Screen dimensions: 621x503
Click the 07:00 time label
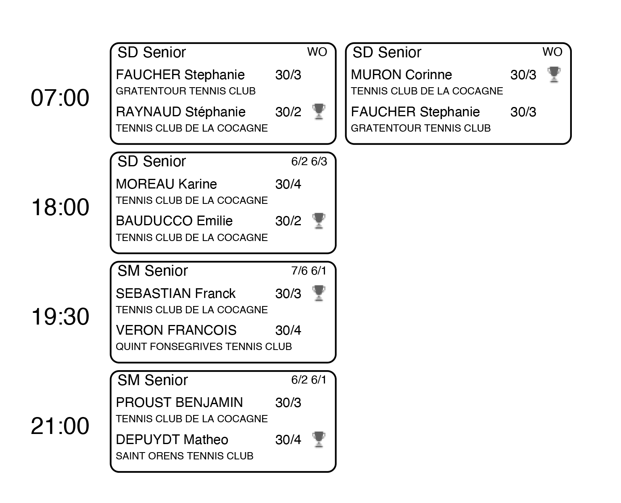[x=60, y=97]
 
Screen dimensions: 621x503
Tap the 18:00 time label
[x=60, y=207]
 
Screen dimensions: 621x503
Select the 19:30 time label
[x=60, y=316]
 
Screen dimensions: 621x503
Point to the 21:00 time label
[x=60, y=425]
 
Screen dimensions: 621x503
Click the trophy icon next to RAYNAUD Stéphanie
[x=319, y=111]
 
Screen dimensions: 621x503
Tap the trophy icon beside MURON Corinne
[x=554, y=75]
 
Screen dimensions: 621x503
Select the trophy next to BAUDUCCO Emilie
[x=319, y=221]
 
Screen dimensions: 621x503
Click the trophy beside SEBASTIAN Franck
[x=319, y=293]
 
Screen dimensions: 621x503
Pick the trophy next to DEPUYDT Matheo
[x=319, y=439]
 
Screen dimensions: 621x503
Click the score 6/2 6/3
[x=309, y=161]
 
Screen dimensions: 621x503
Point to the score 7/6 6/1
[x=309, y=270]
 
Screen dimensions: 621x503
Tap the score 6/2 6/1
[x=309, y=379]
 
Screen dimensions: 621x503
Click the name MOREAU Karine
[x=166, y=184]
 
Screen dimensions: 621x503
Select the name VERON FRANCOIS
[x=176, y=330]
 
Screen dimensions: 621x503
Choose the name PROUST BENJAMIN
[x=179, y=402]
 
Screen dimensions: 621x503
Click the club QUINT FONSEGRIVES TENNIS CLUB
[x=204, y=346]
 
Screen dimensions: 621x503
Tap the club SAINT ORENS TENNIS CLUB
[x=185, y=456]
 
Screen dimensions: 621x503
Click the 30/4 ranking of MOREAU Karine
[x=288, y=184]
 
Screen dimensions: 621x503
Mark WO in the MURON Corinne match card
[x=552, y=52]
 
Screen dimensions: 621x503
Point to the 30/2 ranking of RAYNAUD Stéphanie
[x=288, y=112]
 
